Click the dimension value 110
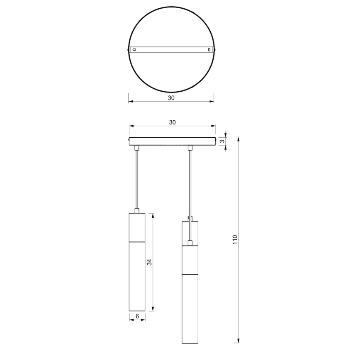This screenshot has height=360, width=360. tap(235, 240)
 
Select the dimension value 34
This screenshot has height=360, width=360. tap(149, 262)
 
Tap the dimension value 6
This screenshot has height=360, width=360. tap(137, 316)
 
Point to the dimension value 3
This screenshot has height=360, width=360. tap(222, 141)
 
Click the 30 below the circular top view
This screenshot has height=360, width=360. tap(171, 98)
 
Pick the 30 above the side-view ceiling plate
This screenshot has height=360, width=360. tap(172, 122)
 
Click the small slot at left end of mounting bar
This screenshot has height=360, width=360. tap(134, 50)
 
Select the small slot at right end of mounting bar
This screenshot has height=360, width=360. tap(209, 50)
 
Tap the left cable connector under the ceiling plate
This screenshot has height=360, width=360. tap(137, 148)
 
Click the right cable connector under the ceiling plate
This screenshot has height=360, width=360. tap(190, 148)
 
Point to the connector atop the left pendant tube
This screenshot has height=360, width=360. tap(137, 210)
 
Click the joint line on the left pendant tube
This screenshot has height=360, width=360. tap(137, 241)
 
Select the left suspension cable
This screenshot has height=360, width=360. tap(137, 178)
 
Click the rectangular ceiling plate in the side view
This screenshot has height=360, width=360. tap(172, 141)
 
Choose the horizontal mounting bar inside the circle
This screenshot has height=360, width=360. tap(171, 50)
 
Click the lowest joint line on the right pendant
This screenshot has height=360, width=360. tap(190, 274)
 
